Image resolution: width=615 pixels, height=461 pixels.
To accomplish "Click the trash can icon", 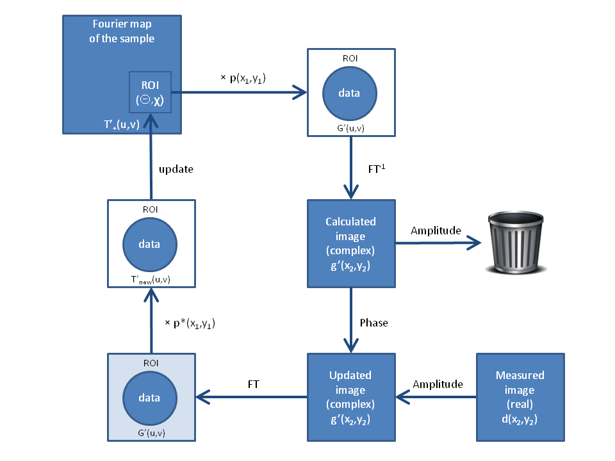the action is [x=516, y=242].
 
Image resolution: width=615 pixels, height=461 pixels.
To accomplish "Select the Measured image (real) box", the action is [x=520, y=397].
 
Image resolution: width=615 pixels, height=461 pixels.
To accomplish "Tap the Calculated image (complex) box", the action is [x=351, y=243].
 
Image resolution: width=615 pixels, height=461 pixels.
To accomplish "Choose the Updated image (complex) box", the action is [x=351, y=397].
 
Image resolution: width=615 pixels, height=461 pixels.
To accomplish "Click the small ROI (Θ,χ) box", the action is [x=150, y=92].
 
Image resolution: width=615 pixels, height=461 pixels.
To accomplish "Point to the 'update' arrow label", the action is [x=176, y=169].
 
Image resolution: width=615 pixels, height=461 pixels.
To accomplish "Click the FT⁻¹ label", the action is [x=377, y=168].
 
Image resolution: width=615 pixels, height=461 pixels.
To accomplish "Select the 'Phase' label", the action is [x=373, y=323].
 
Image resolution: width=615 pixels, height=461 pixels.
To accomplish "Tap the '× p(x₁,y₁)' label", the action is [x=243, y=78].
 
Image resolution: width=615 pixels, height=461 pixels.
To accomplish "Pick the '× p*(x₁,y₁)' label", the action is [x=190, y=323].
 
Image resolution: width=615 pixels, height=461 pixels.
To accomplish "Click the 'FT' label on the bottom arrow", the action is [x=254, y=384].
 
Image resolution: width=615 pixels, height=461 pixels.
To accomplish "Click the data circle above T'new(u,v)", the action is [x=150, y=244].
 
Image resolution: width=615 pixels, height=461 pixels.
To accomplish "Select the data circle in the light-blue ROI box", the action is [x=150, y=398].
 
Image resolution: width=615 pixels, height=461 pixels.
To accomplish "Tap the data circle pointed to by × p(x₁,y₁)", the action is [x=350, y=93].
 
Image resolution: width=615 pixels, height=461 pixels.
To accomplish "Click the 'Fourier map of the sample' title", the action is [x=122, y=31].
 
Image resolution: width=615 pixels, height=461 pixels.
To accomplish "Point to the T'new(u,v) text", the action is [x=151, y=280].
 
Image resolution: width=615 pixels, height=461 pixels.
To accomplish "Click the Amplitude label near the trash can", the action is [x=436, y=230].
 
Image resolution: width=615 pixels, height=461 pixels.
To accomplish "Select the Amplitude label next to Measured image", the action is [x=438, y=384].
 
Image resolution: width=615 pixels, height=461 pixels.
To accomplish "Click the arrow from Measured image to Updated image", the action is [x=436, y=397].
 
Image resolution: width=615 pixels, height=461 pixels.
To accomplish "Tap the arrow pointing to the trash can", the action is [x=438, y=243].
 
